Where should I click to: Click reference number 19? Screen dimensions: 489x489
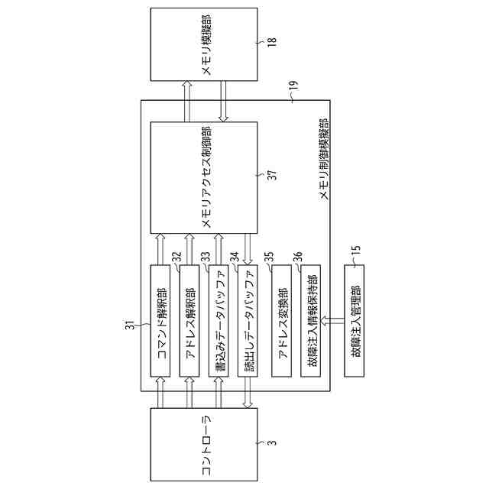tap(295, 96)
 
